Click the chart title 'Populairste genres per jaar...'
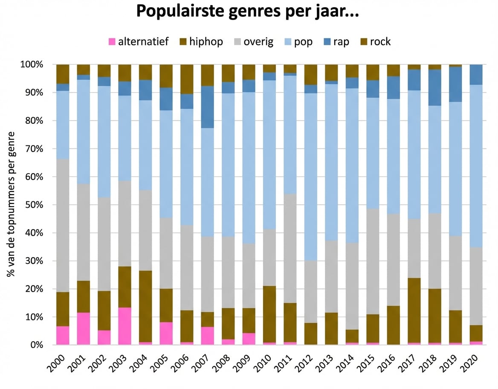click(247, 12)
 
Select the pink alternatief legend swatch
click(112, 42)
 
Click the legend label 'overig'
click(258, 42)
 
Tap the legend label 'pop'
click(303, 42)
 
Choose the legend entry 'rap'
click(341, 42)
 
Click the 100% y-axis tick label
click(32, 64)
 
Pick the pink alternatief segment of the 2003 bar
click(125, 326)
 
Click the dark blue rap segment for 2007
click(207, 107)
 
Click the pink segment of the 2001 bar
click(84, 328)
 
